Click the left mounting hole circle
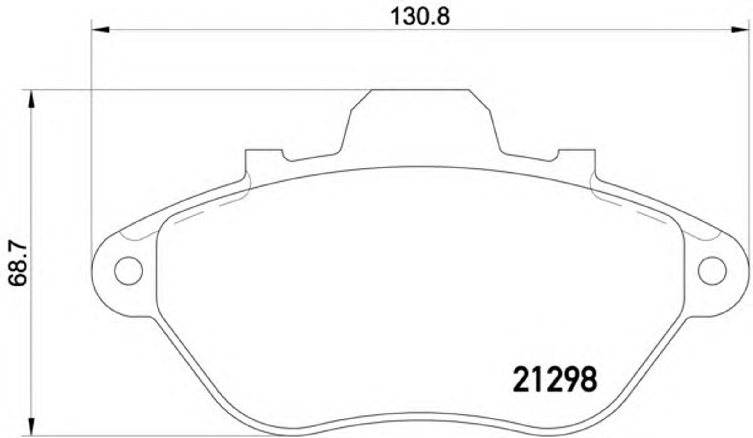pos(129,271)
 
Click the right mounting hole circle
pos(712,271)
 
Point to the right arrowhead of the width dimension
pos(740,29)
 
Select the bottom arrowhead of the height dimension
pos(31,427)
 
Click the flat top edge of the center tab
pos(420,90)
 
